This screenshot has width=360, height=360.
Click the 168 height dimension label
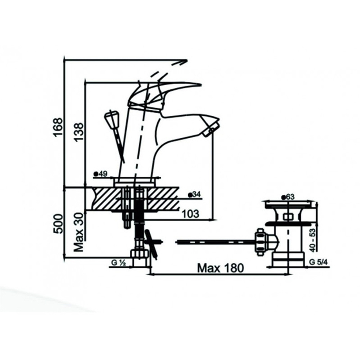pyautogui.click(x=57, y=127)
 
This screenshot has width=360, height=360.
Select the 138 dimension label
pyautogui.click(x=79, y=133)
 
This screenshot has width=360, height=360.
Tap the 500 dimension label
pyautogui.click(x=57, y=224)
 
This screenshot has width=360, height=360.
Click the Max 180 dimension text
pyautogui.click(x=220, y=268)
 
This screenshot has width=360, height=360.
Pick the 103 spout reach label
pyautogui.click(x=190, y=214)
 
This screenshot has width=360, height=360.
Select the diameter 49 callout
pyautogui.click(x=100, y=174)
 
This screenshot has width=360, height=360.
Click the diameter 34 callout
pyautogui.click(x=194, y=195)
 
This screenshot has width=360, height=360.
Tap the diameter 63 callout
pyautogui.click(x=288, y=197)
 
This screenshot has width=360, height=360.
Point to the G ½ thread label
pyautogui.click(x=118, y=263)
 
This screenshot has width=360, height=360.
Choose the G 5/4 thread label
pyautogui.click(x=318, y=262)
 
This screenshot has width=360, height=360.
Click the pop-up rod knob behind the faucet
pyautogui.click(x=111, y=118)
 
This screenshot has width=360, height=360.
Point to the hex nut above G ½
pyautogui.click(x=140, y=254)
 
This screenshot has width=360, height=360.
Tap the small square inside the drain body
pyautogui.click(x=287, y=217)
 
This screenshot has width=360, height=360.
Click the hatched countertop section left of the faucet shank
pyautogui.click(x=106, y=198)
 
